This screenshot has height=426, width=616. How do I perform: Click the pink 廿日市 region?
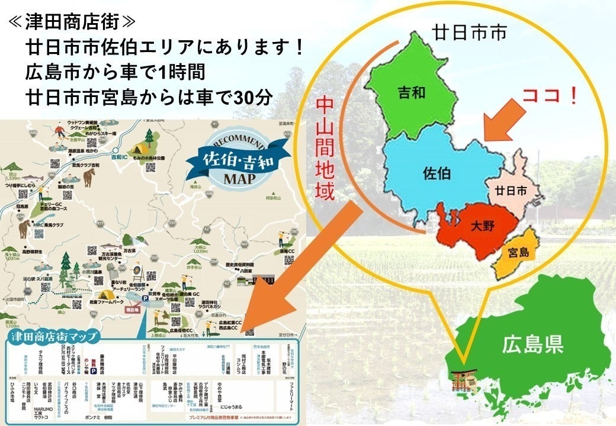(x=511, y=191)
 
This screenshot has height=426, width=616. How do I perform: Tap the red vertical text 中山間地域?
(x=325, y=149)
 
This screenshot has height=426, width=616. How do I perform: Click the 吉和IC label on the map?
(x=119, y=157)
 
